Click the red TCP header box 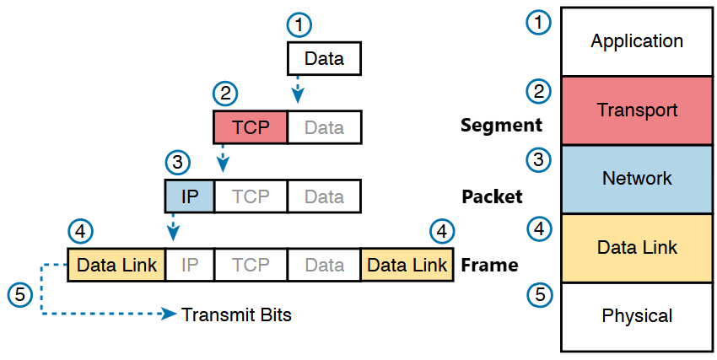pyautogui.click(x=251, y=127)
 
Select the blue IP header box pyautogui.click(x=190, y=196)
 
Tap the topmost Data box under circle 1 pyautogui.click(x=324, y=58)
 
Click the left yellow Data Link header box pyautogui.click(x=116, y=265)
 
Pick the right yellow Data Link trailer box pyautogui.click(x=407, y=265)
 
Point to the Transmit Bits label pyautogui.click(x=236, y=314)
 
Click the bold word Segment pyautogui.click(x=501, y=125)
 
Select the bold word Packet pyautogui.click(x=492, y=196)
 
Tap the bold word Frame pyautogui.click(x=489, y=265)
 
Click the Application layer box pyautogui.click(x=637, y=41)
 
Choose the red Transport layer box pyautogui.click(x=637, y=110)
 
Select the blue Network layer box pyautogui.click(x=637, y=179)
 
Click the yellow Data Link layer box pyautogui.click(x=637, y=248)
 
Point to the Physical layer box pyautogui.click(x=637, y=317)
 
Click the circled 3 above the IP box pyautogui.click(x=177, y=163)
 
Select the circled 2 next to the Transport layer pyautogui.click(x=539, y=91)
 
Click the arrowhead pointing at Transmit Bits pyautogui.click(x=170, y=314)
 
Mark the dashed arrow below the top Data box pyautogui.click(x=298, y=89)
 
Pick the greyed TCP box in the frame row pyautogui.click(x=251, y=265)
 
